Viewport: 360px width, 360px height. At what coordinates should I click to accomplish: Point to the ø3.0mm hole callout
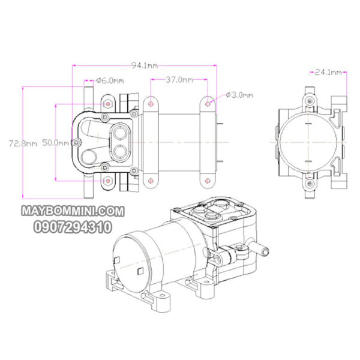pyautogui.click(x=240, y=95)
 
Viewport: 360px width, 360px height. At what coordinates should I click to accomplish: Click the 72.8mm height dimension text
pyautogui.click(x=23, y=143)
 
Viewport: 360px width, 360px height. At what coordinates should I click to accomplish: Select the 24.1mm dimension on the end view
pyautogui.click(x=328, y=73)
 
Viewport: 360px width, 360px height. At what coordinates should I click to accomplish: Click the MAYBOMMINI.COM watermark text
pyautogui.click(x=72, y=212)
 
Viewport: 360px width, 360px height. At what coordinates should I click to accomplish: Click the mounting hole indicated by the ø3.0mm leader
pyautogui.click(x=208, y=104)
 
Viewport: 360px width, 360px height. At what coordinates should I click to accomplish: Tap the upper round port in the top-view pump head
pyautogui.click(x=120, y=131)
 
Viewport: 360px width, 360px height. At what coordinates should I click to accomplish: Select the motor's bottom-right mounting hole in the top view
pyautogui.click(x=208, y=181)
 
